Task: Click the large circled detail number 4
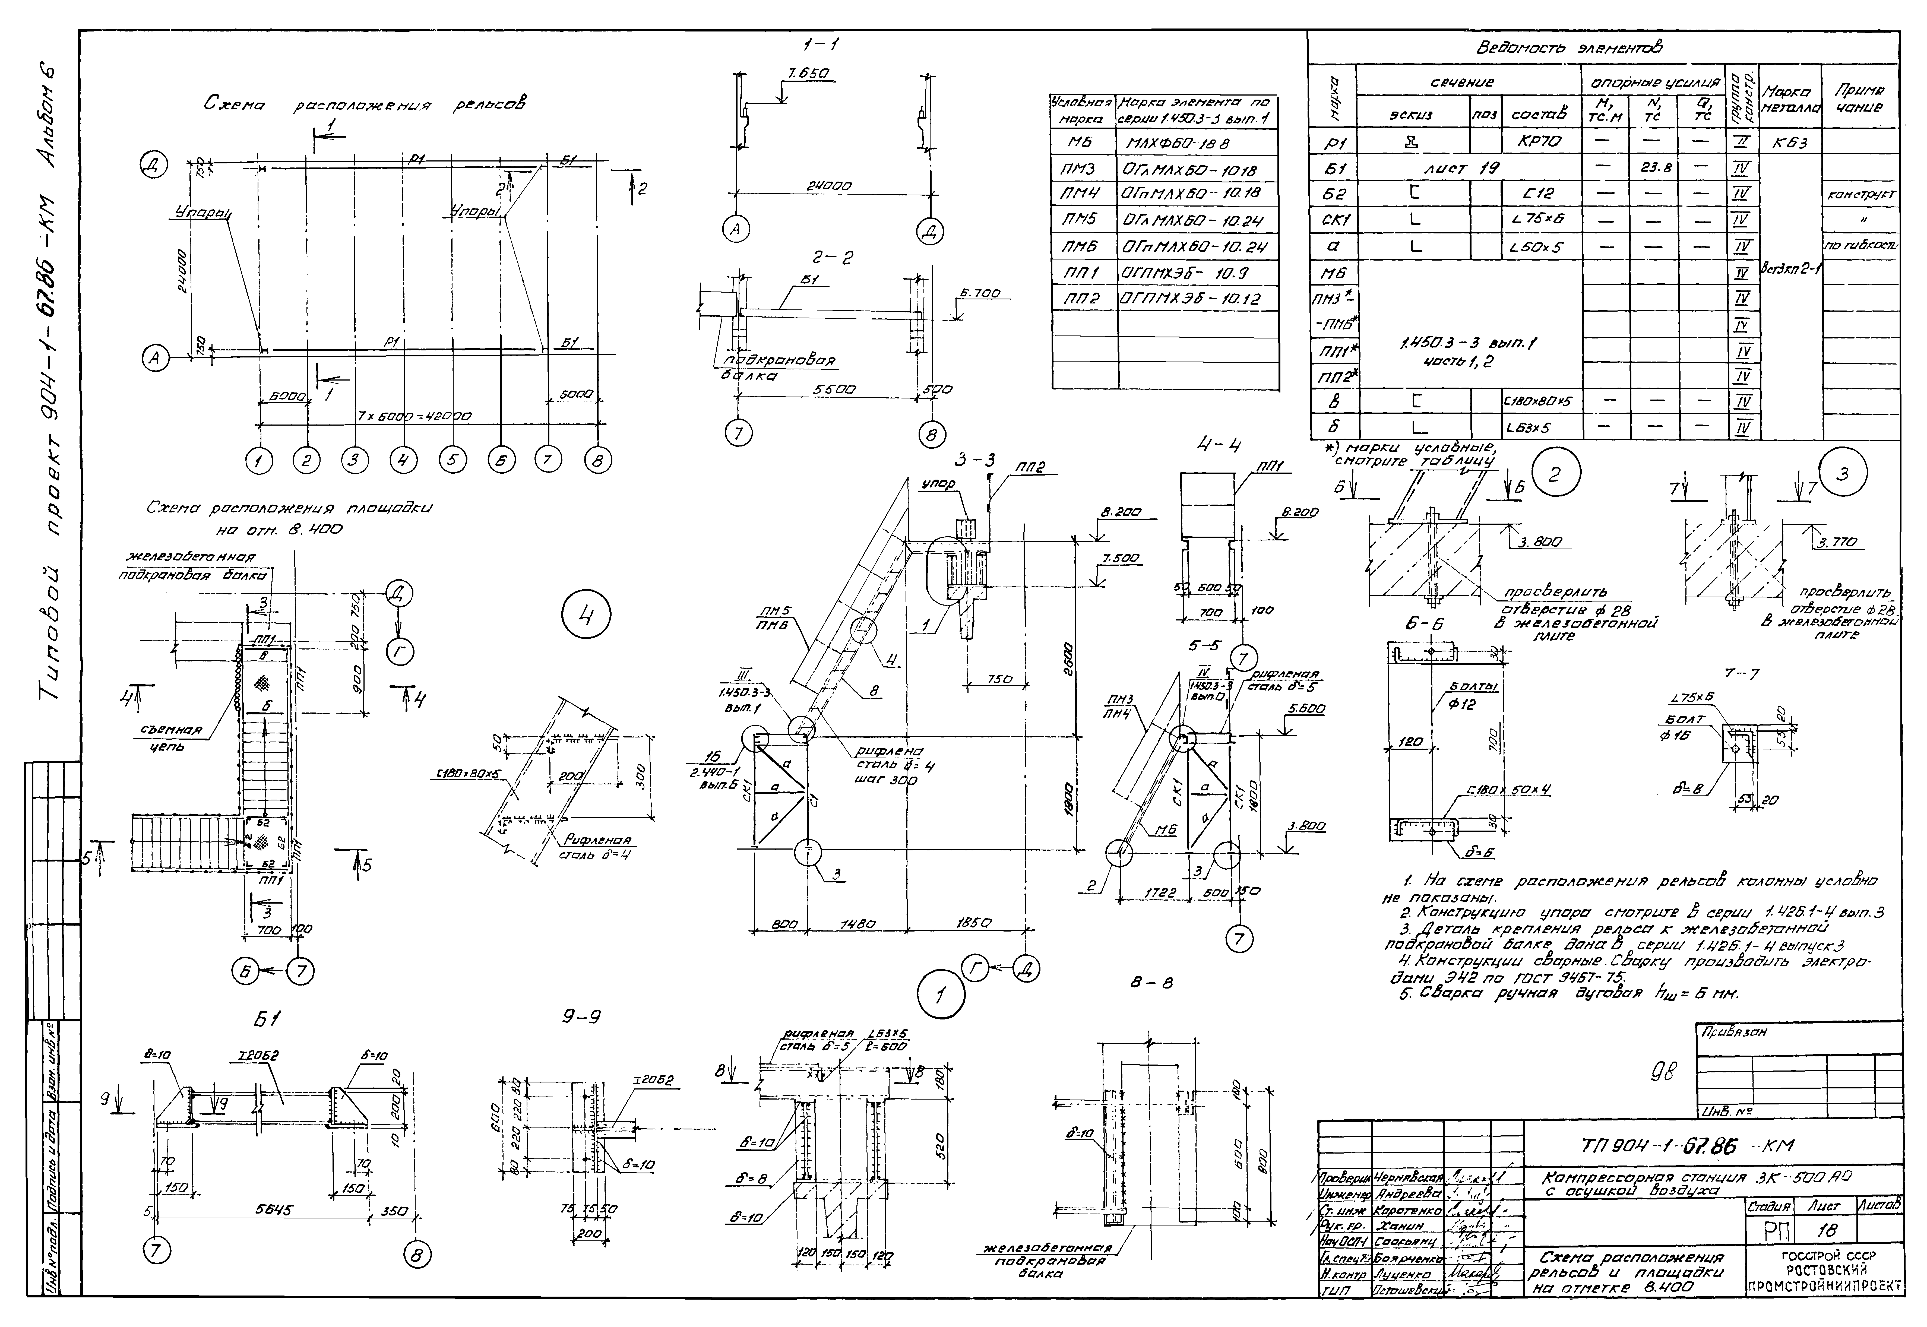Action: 586,617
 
